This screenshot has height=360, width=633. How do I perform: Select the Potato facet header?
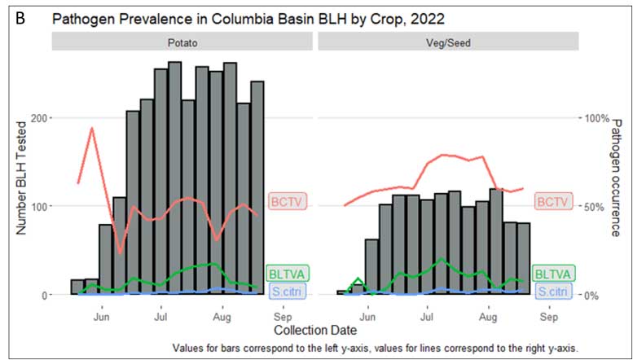pyautogui.click(x=182, y=43)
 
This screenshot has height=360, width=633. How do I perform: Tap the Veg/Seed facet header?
pyautogui.click(x=448, y=43)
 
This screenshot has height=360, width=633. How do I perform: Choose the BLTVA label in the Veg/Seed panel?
pyautogui.click(x=552, y=274)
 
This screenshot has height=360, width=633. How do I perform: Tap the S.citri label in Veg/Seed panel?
pyautogui.click(x=552, y=291)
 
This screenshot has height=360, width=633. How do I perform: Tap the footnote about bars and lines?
pyautogui.click(x=376, y=348)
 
